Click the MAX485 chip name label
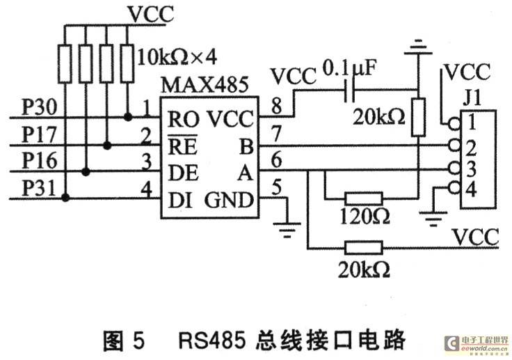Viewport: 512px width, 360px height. tap(205, 85)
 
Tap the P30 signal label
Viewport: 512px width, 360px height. tap(39, 107)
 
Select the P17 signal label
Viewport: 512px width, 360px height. tap(39, 134)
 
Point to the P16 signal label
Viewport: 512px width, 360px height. tap(39, 161)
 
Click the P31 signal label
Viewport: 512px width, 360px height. tap(38, 188)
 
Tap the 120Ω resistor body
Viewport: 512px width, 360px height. tap(363, 198)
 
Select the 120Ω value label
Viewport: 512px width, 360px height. tap(365, 216)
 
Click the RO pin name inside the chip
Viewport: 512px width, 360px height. tap(183, 119)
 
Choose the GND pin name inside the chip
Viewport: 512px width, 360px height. tap(229, 200)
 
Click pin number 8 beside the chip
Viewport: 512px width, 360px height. tap(277, 107)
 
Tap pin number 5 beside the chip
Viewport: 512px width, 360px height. tap(277, 187)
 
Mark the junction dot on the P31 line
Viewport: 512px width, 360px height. tap(65, 198)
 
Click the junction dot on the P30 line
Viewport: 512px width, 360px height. tap(128, 117)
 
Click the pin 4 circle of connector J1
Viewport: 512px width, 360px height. tap(454, 188)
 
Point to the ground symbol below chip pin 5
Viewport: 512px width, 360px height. tap(287, 230)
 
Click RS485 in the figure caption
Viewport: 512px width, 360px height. tap(211, 341)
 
